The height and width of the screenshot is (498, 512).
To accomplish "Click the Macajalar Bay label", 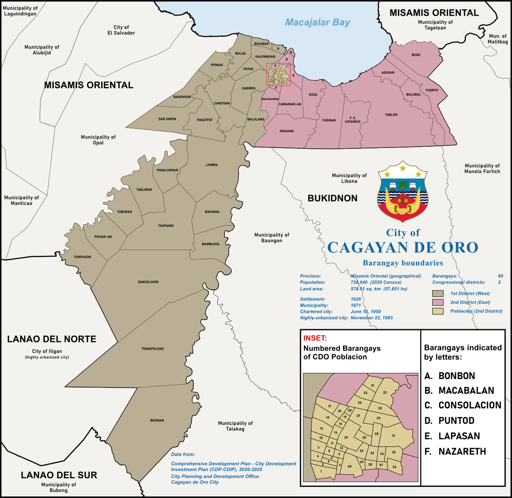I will click(x=317, y=22).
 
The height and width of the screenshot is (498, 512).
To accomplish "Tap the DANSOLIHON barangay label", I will click(x=148, y=282).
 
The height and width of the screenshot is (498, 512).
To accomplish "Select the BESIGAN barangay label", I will click(x=157, y=420).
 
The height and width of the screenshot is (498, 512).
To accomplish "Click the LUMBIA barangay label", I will click(x=212, y=165).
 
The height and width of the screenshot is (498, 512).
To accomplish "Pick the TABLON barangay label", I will click(x=391, y=115).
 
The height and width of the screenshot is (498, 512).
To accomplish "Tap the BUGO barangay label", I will click(x=416, y=55).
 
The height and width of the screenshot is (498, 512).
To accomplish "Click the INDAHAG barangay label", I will click(x=287, y=131).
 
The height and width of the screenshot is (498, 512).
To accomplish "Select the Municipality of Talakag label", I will click(x=235, y=426).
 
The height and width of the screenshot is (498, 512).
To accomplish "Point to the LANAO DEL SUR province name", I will click(x=59, y=475).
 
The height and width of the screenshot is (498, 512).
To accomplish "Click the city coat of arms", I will click(x=402, y=191).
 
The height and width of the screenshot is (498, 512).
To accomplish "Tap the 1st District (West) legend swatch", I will click(x=438, y=293).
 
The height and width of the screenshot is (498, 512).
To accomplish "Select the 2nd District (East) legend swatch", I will click(x=438, y=302).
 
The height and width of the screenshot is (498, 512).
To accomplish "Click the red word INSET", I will click(x=315, y=338).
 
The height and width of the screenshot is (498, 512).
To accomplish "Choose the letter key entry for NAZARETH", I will click(x=455, y=452).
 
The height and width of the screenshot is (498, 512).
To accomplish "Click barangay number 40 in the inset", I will click(x=349, y=466).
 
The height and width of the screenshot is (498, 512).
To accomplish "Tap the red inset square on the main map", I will click(x=278, y=75).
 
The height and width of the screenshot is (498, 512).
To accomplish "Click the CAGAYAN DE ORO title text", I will click(x=402, y=248).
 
